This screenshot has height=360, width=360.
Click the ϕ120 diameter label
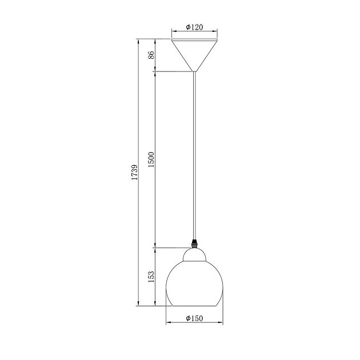tap(194, 27)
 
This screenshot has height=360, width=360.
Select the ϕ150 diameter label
tap(194, 318)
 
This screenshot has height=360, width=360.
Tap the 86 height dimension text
tap(151, 55)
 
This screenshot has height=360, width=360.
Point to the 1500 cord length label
tap(151, 159)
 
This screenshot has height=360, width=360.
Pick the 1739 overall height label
tap(134, 172)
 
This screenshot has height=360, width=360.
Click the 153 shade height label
tap(151, 277)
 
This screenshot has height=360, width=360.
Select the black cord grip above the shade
tap(194, 243)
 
